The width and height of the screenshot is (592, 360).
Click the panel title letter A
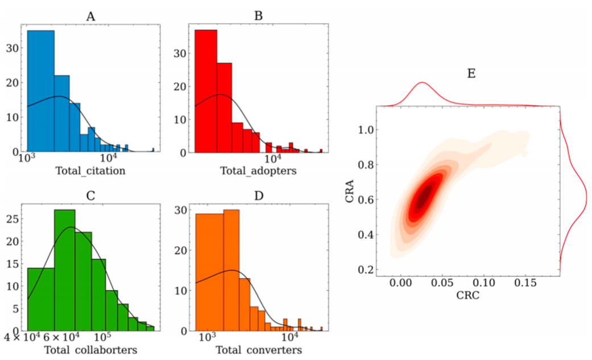click(x=90, y=16)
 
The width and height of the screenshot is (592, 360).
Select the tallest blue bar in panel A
click(x=41, y=91)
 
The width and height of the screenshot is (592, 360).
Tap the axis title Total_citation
click(x=90, y=170)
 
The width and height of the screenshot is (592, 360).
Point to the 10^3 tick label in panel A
click(x=26, y=160)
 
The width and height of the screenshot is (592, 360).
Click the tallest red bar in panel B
click(x=206, y=91)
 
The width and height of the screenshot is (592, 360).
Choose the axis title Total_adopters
click(x=258, y=170)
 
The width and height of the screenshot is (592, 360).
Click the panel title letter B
click(x=258, y=16)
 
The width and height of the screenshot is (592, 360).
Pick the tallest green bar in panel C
click(x=65, y=270)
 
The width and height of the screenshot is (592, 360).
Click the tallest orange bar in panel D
click(x=231, y=270)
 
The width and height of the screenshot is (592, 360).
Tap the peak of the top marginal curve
click(x=422, y=83)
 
